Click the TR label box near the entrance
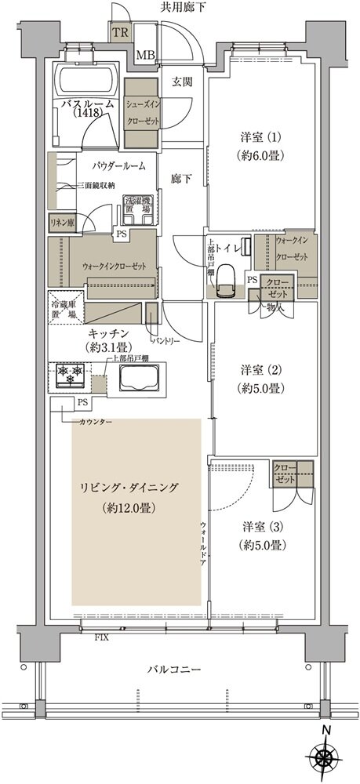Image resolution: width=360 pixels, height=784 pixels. pyautogui.click(x=120, y=34)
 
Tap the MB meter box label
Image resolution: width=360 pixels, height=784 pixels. pyautogui.click(x=145, y=55)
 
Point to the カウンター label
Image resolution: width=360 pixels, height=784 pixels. pyautogui.click(x=94, y=423)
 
